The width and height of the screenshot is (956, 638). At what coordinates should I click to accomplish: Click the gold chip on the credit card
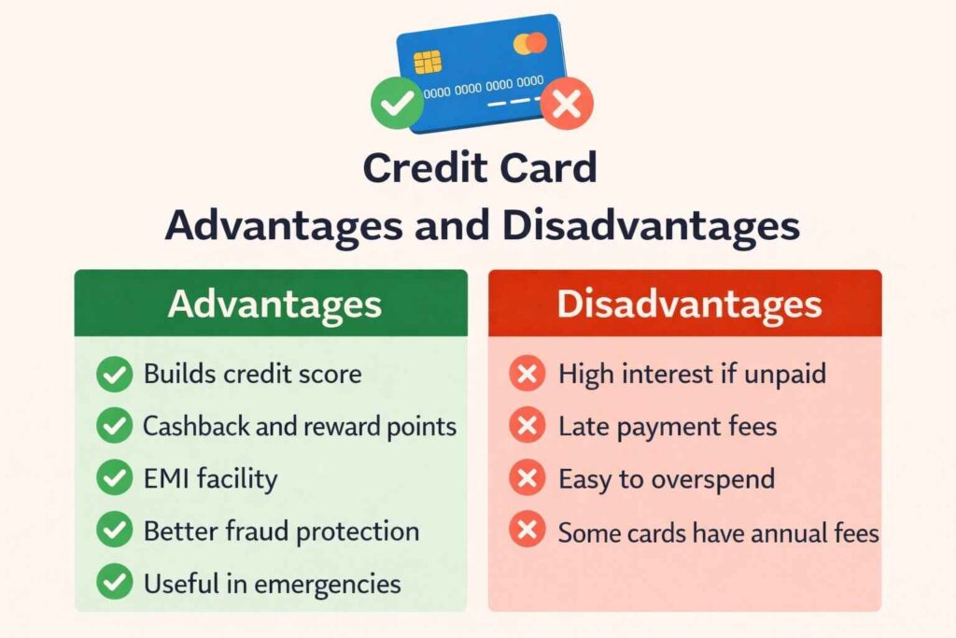428,63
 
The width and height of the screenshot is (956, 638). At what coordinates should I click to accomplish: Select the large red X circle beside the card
566,104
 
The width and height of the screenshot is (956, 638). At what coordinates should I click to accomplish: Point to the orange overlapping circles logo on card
529,43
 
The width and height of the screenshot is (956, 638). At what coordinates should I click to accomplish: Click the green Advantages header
271,304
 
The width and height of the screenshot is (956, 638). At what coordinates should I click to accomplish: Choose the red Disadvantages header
684,304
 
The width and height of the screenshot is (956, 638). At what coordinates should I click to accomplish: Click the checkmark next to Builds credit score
114,376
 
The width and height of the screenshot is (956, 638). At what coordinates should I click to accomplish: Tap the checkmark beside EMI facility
114,479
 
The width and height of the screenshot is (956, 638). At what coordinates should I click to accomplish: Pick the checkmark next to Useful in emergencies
114,584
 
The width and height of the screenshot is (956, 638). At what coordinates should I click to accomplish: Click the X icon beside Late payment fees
527,428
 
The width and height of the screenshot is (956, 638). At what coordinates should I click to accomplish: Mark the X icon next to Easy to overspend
527,479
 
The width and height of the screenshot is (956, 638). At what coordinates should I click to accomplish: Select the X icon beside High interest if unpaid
527,376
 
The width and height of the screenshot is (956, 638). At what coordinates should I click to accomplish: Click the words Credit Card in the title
479,169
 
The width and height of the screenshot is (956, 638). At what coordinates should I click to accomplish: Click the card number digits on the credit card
483,87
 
